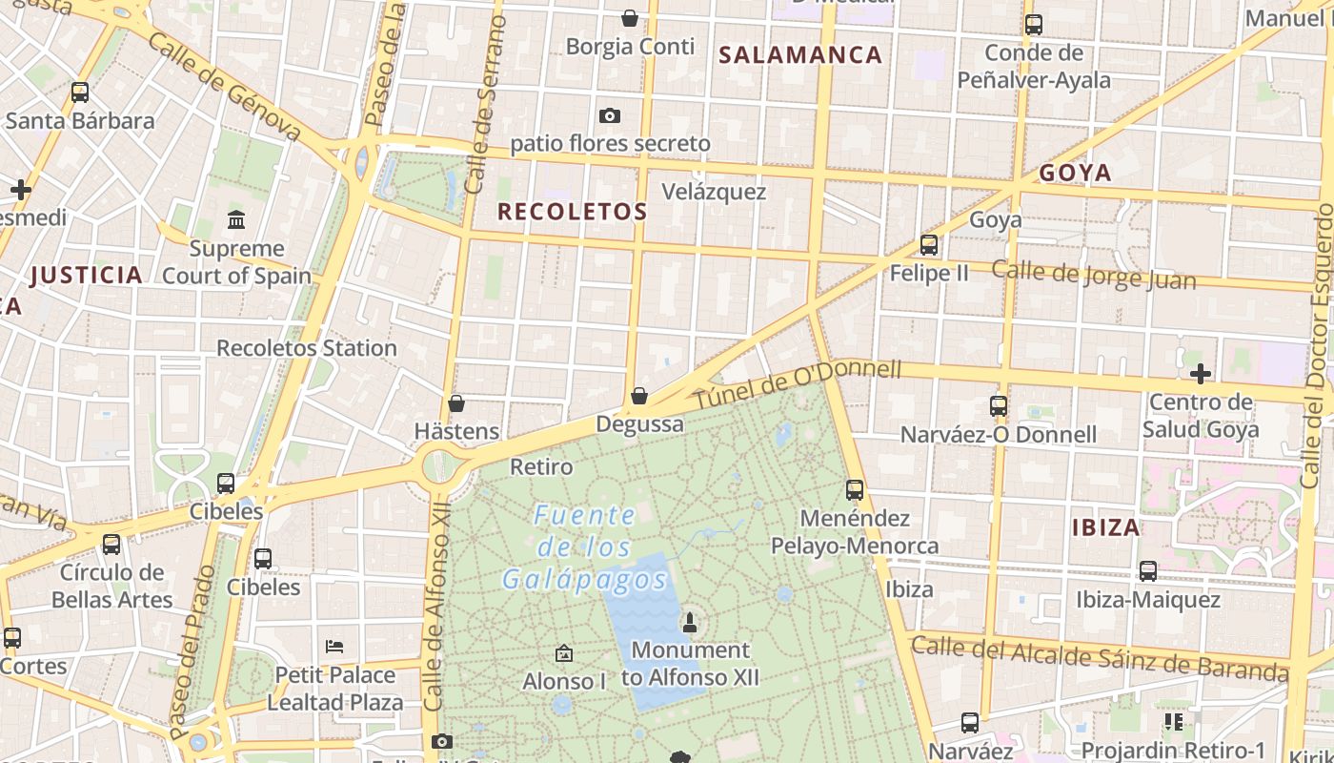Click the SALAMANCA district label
pos(800,54)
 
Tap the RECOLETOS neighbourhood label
pos(573,212)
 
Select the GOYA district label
pos(1075,173)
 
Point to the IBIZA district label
pos(1105,527)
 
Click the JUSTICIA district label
pos(86,276)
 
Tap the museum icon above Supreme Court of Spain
pos(236,221)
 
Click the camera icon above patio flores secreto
pos(610,116)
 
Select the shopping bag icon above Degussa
pos(639,396)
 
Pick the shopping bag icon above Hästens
pos(456,403)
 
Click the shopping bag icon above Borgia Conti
pos(629,18)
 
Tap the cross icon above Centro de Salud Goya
pos(1201,373)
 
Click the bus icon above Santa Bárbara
pos(80,93)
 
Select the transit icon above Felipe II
pos(929,245)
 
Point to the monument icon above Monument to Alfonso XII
pos(690,623)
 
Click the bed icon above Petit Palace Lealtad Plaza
pos(333,646)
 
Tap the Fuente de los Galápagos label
pos(584,547)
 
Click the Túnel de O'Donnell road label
pos(797,384)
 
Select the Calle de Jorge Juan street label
pos(1093,275)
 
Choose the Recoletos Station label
pos(306,348)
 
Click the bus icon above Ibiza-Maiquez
pos(1148,571)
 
